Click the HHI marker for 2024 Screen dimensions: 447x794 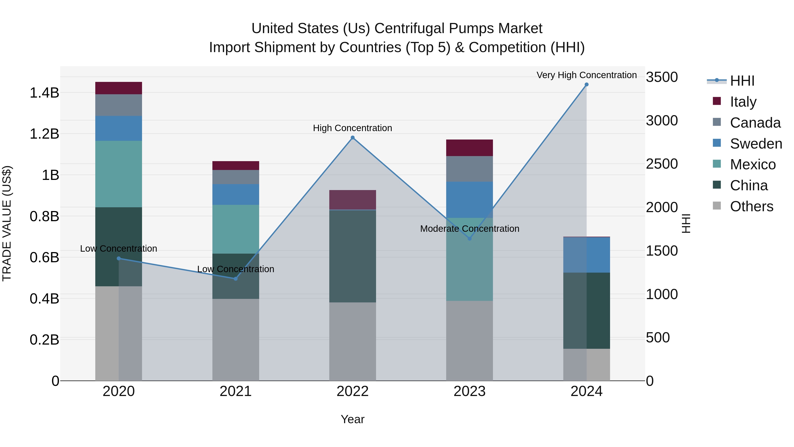586,85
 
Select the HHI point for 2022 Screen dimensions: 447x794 353,138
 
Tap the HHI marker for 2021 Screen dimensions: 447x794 236,279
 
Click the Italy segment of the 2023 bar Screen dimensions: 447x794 469,148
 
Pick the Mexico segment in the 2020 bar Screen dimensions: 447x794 118,174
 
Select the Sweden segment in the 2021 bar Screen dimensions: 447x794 236,194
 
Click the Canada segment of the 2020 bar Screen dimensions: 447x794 118,105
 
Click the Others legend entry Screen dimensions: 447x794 751,206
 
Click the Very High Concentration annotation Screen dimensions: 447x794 586,75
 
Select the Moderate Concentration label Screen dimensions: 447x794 469,229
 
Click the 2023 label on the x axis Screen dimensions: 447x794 469,391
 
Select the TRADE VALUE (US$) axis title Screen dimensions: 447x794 7,223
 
